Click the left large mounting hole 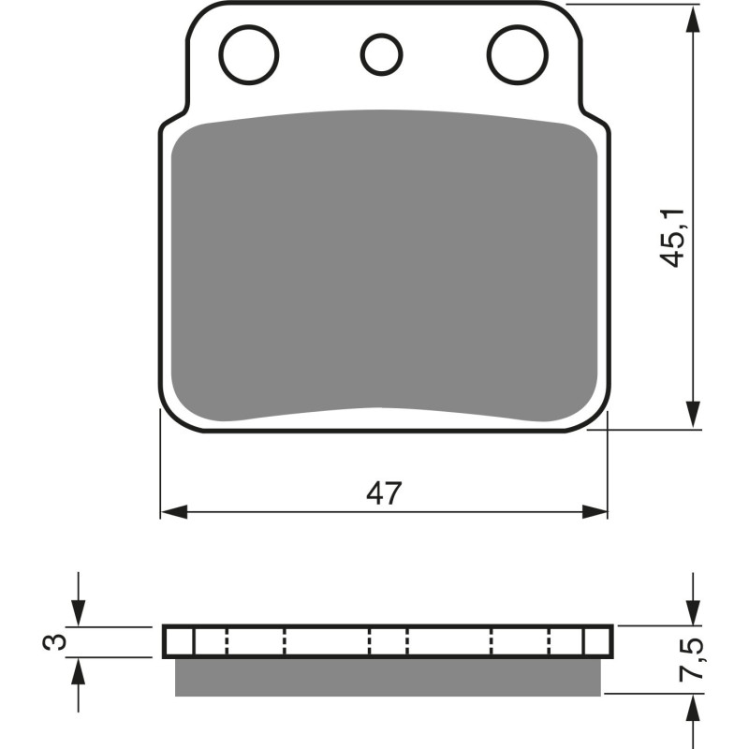pyautogui.click(x=249, y=53)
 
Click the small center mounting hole pyautogui.click(x=380, y=53)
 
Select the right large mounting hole pyautogui.click(x=518, y=53)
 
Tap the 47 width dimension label pyautogui.click(x=384, y=493)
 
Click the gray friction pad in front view pyautogui.click(x=384, y=267)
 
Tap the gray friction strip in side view pyautogui.click(x=387, y=676)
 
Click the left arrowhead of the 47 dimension pyautogui.click(x=173, y=512)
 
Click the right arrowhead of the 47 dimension pyautogui.click(x=595, y=512)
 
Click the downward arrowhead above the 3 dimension pyautogui.click(x=80, y=613)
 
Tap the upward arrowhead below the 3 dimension pyautogui.click(x=80, y=670)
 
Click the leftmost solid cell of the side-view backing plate pyautogui.click(x=179, y=641)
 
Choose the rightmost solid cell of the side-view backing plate pyautogui.click(x=597, y=641)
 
